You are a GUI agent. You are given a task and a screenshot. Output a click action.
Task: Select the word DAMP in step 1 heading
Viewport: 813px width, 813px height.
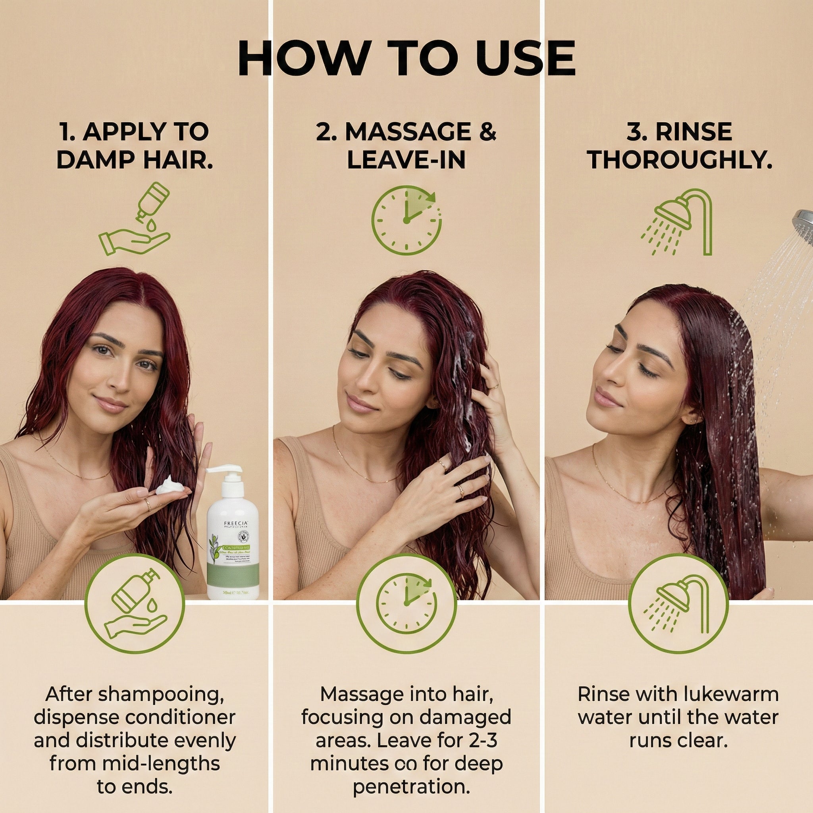[98, 160]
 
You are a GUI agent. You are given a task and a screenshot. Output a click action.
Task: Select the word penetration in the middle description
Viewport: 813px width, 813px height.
[411, 787]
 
